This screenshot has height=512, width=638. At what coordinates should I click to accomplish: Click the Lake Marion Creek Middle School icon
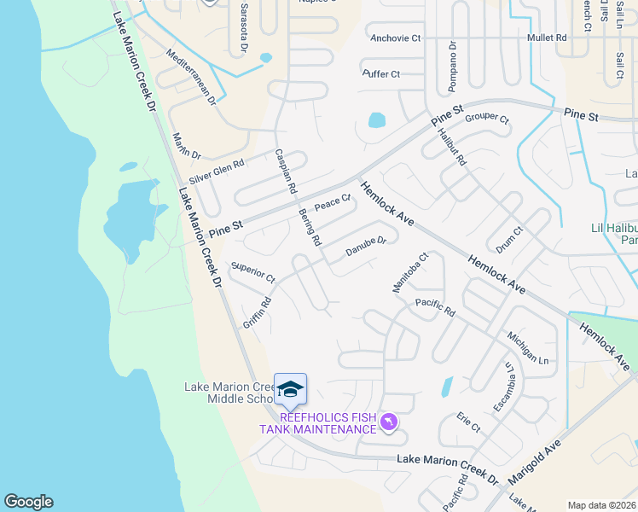coord(290,388)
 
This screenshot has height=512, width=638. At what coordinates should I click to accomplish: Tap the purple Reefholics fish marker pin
coord(389,422)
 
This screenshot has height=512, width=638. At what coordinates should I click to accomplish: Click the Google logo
coord(28,502)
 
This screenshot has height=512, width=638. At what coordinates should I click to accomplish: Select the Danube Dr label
coord(366,247)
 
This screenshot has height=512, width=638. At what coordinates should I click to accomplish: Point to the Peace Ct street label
coord(333,204)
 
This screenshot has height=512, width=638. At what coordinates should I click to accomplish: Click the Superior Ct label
coord(253,273)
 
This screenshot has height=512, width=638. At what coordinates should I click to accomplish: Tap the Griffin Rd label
coord(257,313)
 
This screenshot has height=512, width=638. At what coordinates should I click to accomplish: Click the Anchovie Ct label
coord(396,38)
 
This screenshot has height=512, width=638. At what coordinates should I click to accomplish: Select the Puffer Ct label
coord(380,74)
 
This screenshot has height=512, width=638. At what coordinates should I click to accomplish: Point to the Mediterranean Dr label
coord(192,76)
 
